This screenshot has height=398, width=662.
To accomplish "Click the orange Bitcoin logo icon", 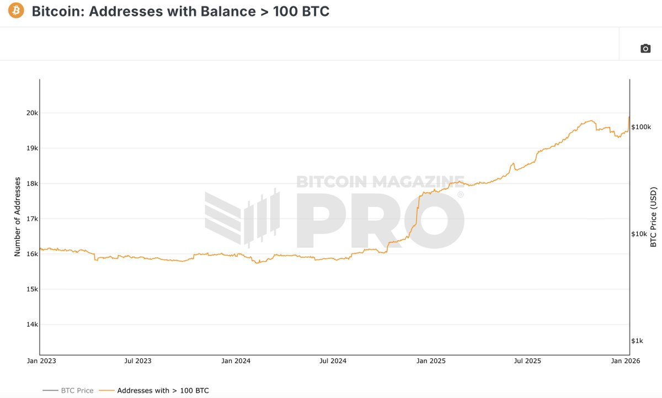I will (x=16, y=11).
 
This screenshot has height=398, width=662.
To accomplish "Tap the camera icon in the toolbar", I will (x=645, y=49).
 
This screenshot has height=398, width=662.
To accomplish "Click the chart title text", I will (x=180, y=11).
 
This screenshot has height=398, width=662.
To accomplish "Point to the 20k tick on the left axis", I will (x=32, y=113).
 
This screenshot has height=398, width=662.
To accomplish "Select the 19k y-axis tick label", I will (x=32, y=148).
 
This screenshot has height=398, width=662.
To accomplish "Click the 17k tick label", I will (x=32, y=219).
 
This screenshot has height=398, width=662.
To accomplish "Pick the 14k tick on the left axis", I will (x=32, y=325).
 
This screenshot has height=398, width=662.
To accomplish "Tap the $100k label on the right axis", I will (x=642, y=127).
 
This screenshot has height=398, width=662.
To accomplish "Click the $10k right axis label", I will (x=639, y=234).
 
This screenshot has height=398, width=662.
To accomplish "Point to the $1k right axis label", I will (x=638, y=341).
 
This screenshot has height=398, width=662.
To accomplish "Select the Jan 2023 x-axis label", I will (x=40, y=361).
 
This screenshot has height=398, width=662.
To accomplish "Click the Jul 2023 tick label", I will (x=137, y=361).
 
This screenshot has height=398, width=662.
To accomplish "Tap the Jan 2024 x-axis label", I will (x=236, y=361).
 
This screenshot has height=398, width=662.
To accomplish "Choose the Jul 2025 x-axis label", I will (x=527, y=361).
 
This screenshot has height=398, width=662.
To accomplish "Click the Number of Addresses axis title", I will (x=18, y=216).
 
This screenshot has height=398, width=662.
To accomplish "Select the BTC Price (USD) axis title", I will (x=654, y=217).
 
